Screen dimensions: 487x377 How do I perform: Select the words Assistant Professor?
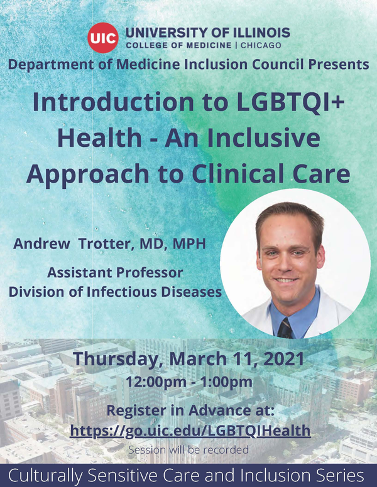(x=116, y=273)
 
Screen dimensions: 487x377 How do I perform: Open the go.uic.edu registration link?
(x=190, y=431)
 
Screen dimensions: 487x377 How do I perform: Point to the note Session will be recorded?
(x=188, y=449)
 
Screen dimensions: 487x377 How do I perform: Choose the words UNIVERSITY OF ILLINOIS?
(x=207, y=32)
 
